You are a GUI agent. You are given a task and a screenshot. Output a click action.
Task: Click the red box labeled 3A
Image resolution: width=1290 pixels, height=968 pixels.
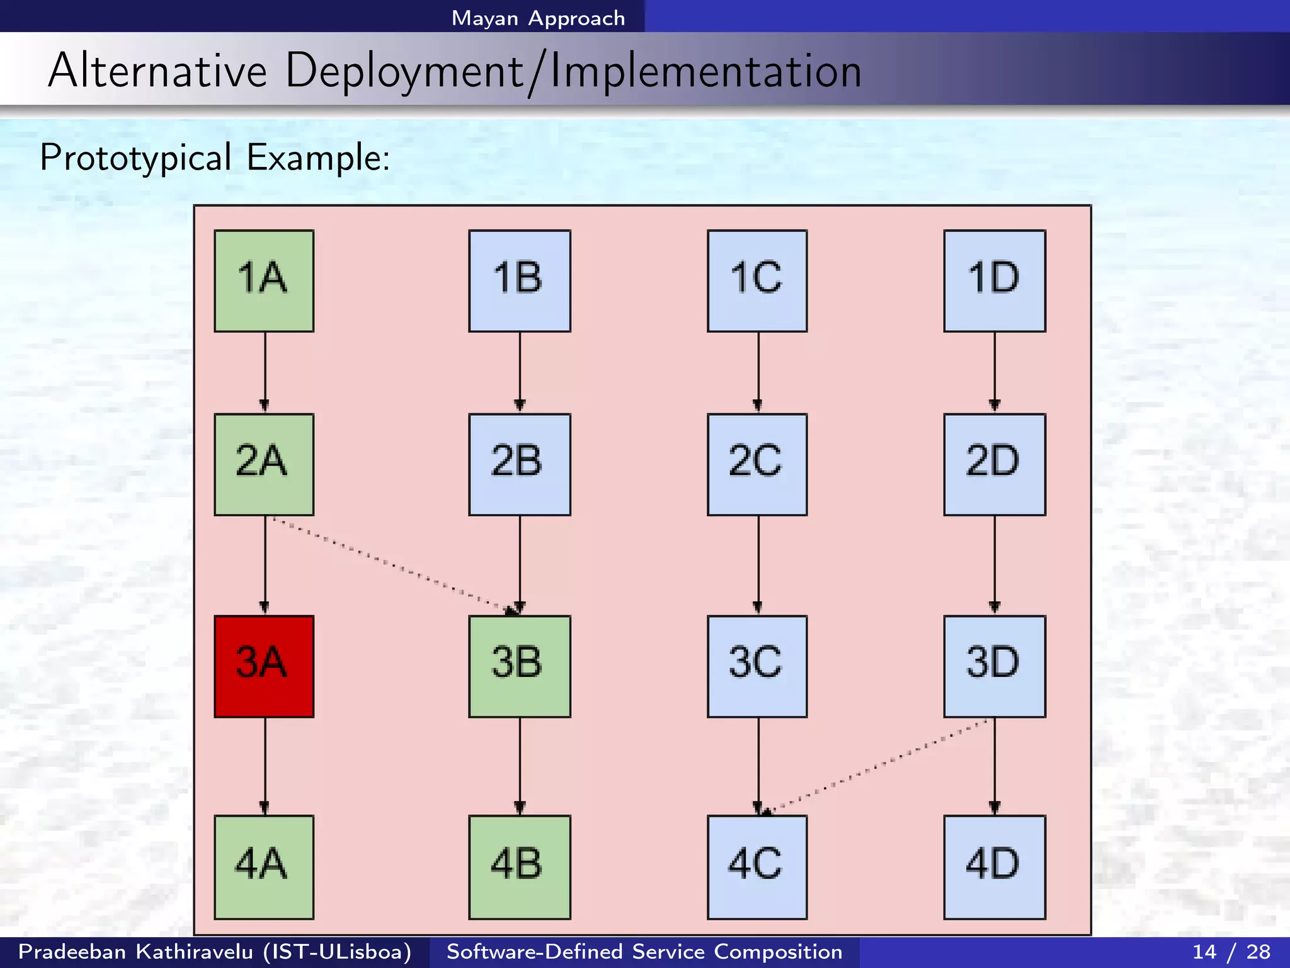(x=264, y=666)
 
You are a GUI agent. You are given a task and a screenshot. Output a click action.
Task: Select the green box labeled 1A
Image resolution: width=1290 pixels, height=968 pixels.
(x=264, y=280)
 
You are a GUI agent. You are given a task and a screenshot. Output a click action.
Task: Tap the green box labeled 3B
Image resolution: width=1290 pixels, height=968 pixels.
(x=520, y=666)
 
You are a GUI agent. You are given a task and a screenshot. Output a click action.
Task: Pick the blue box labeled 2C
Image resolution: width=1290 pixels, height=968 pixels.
(x=757, y=464)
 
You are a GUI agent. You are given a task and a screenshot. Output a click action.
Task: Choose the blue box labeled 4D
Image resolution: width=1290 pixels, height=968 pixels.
(x=995, y=867)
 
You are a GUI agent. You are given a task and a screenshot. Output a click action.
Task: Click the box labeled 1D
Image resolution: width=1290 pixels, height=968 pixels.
(x=995, y=280)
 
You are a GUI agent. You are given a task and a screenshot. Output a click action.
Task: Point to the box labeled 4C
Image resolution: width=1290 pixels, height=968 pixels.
(x=757, y=867)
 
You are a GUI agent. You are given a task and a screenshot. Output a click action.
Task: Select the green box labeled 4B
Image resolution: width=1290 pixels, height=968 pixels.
(x=520, y=867)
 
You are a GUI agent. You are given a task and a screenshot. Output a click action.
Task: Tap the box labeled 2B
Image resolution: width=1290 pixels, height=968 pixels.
(x=520, y=464)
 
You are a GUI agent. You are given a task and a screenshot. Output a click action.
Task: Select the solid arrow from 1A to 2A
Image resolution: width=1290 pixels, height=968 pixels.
(x=265, y=372)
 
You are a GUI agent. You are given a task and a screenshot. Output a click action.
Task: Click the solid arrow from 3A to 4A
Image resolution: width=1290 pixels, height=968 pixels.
(x=265, y=766)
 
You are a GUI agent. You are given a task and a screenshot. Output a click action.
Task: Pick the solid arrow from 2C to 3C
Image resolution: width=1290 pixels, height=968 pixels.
(x=758, y=564)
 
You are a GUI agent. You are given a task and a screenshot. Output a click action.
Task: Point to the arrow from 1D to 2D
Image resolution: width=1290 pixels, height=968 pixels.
(x=995, y=372)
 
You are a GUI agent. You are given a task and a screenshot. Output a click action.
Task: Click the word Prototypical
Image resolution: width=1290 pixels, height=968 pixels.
(x=135, y=158)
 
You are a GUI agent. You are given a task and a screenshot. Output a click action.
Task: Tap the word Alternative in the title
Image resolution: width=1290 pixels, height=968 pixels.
(x=157, y=71)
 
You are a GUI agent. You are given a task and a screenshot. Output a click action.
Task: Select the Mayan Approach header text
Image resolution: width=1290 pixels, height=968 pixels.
(x=538, y=18)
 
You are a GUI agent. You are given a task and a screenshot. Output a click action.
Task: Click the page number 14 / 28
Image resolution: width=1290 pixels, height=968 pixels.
(x=1231, y=951)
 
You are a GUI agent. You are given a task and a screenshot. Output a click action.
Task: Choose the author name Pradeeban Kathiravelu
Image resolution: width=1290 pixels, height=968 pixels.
(x=135, y=951)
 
